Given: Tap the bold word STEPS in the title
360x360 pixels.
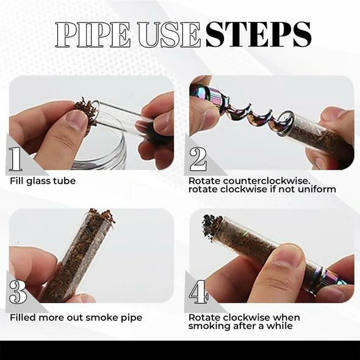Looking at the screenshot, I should (257, 34).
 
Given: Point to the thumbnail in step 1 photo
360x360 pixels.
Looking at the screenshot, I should (76, 120).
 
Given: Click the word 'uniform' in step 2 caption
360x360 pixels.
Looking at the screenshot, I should (319, 189).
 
